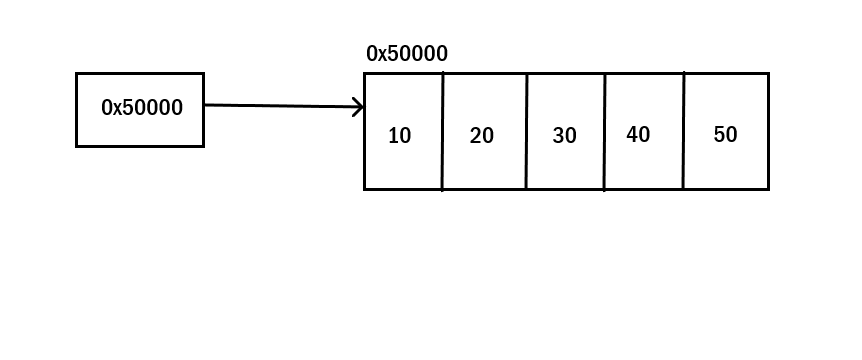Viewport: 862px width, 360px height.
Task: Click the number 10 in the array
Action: (399, 136)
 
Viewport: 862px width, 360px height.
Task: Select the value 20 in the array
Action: (482, 136)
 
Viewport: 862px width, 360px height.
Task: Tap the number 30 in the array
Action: (565, 136)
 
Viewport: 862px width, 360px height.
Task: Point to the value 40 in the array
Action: (638, 134)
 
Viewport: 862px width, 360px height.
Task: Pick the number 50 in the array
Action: (725, 134)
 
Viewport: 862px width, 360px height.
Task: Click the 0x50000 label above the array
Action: (407, 54)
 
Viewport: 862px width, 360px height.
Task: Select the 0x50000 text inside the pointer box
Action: (142, 108)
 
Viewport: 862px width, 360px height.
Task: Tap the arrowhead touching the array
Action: (359, 107)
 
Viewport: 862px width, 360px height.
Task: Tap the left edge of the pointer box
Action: (77, 110)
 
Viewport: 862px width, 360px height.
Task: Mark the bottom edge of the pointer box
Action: (140, 146)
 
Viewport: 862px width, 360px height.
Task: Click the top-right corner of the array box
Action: (768, 74)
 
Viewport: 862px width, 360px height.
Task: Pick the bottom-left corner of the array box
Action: (365, 188)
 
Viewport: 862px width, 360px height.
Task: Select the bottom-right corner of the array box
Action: (768, 188)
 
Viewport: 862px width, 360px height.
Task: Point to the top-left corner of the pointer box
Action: (77, 74)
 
